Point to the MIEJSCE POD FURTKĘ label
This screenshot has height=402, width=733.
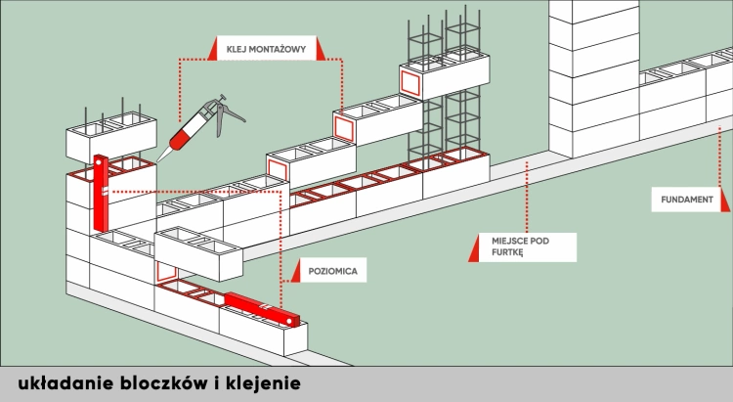point(509,246)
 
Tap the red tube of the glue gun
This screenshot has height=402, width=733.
point(191,130)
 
